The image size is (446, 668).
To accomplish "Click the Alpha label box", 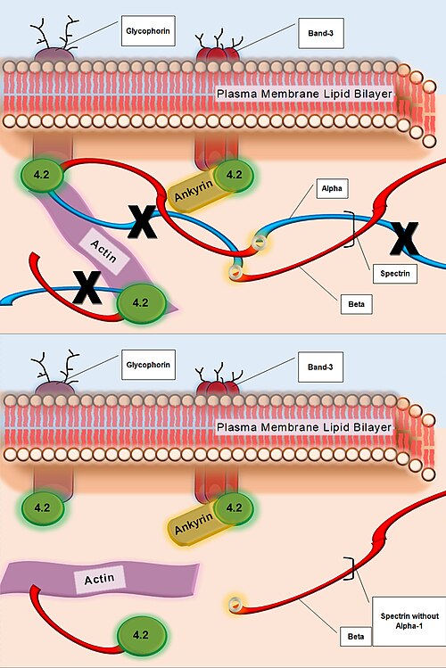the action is [x=332, y=188].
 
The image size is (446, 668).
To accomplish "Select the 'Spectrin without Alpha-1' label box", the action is [x=409, y=621].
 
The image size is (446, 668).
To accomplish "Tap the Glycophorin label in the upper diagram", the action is [x=148, y=30].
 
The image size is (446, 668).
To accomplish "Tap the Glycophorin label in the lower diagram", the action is [x=148, y=365].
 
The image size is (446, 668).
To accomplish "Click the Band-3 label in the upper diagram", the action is [x=320, y=33].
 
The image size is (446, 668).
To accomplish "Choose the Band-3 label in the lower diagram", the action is [x=320, y=367].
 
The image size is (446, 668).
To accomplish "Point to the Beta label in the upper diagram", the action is [x=356, y=304].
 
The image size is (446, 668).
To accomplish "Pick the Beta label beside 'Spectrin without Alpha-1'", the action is [x=356, y=637].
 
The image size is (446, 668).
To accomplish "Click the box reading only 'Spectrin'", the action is [x=395, y=274].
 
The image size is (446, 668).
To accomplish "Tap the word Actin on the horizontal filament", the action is [x=99, y=580].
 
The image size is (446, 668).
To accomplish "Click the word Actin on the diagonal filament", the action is [x=103, y=251].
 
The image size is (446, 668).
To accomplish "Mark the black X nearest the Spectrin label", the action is [x=404, y=239].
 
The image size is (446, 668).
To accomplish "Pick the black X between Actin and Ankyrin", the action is [x=143, y=221].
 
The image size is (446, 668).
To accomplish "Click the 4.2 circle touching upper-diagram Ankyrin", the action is [x=234, y=175].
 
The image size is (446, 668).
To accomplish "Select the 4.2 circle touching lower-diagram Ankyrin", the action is [x=234, y=507].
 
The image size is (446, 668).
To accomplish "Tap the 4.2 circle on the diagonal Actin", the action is [x=140, y=303].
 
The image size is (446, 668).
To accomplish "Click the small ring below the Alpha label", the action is [x=259, y=243].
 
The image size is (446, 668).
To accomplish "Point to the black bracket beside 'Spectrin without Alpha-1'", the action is [x=351, y=568].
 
